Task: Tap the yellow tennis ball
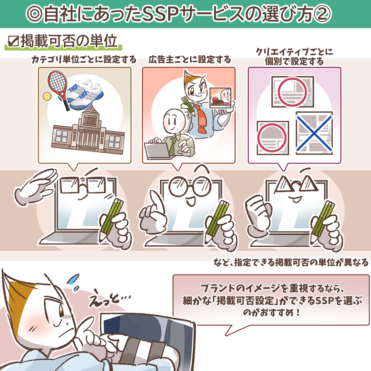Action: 47,96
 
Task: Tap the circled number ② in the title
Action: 322,14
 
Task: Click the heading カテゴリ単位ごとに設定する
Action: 84,60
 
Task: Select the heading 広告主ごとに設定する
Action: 190,60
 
